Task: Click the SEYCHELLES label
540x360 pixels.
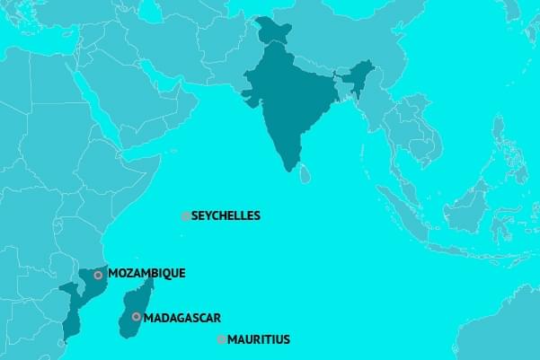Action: tap(226, 215)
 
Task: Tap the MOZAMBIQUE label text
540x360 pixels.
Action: tap(146, 273)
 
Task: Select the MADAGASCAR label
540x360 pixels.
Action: tap(181, 317)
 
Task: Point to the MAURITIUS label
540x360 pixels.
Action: tap(259, 339)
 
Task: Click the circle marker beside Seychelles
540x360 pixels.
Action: tap(185, 216)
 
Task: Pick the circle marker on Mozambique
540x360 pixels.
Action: tap(98, 275)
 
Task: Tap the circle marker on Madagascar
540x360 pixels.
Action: tap(136, 317)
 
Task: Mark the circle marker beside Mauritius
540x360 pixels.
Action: tap(221, 339)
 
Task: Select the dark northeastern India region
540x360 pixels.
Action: tap(359, 76)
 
